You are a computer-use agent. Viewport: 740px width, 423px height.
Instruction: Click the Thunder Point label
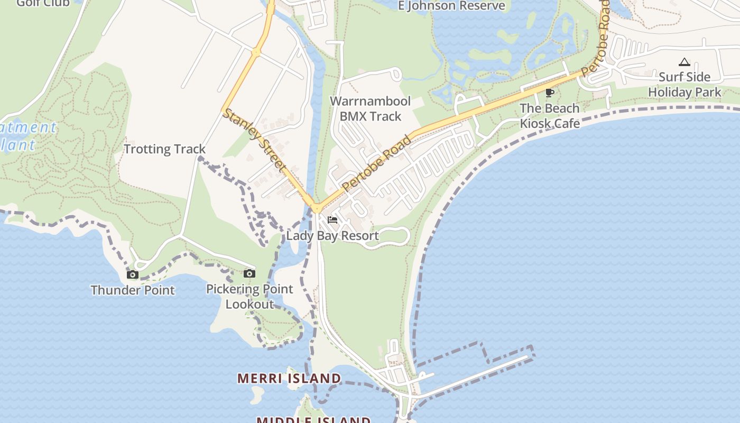132,290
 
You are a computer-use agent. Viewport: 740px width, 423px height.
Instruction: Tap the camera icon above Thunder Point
133,274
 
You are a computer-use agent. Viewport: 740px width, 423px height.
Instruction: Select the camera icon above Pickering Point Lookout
249,273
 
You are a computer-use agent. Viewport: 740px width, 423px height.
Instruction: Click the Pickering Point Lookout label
249,297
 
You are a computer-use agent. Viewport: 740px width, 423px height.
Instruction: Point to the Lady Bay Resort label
332,236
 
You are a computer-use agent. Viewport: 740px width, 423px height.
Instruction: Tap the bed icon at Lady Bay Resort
332,220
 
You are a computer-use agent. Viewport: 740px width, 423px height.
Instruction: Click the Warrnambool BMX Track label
370,108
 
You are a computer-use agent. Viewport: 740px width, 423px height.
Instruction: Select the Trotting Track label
164,149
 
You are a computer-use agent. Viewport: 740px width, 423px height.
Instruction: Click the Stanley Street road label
254,140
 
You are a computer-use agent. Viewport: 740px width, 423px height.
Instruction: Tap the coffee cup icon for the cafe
550,93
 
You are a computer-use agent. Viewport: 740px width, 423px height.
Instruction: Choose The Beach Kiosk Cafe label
550,116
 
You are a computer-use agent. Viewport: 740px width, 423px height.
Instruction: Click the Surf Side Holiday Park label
684,85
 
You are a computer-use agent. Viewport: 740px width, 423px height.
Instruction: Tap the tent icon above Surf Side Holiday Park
684,62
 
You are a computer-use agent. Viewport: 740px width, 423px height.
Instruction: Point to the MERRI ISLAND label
289,378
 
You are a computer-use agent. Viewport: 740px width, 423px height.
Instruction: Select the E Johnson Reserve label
451,6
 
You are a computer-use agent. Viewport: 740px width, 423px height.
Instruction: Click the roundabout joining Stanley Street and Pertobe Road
317,208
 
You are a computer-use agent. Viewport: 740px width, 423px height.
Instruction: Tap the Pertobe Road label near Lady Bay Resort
377,163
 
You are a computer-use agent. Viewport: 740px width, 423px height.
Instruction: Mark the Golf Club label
43,3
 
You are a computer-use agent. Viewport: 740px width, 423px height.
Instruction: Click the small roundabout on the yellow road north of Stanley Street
256,52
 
